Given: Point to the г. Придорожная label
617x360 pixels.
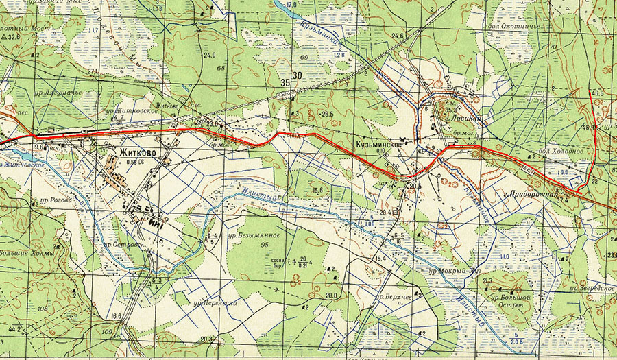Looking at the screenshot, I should [x=531, y=194].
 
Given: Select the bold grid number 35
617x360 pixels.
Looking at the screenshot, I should [x=284, y=82].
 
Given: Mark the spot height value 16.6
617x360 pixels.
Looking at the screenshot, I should [x=115, y=316].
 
